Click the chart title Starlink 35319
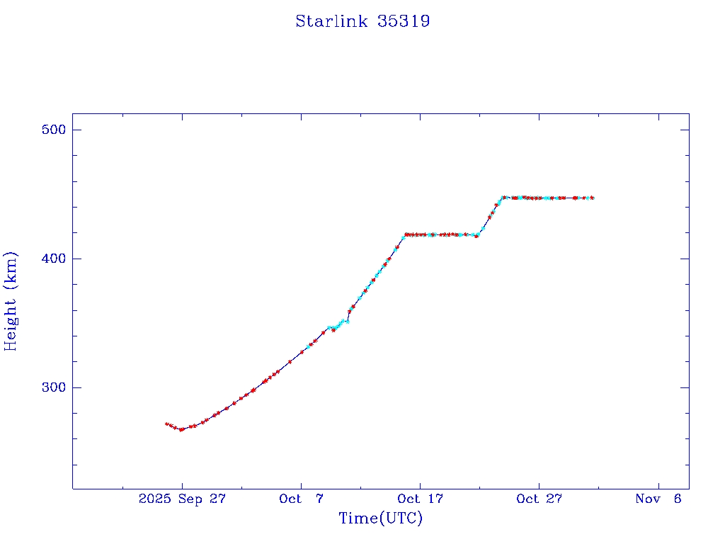pos(362,21)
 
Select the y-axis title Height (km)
pos(11,301)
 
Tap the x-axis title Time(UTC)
pos(381,518)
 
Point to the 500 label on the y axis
pos(54,130)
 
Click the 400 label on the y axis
pos(54,259)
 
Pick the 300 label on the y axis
pos(54,387)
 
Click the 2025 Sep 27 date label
pos(182,499)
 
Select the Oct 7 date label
pos(301,499)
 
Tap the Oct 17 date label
pos(420,499)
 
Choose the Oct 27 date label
pos(539,499)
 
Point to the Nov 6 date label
pos(658,499)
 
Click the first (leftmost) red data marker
pos(166,424)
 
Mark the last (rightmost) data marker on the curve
pos(592,198)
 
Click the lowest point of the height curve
pos(181,429)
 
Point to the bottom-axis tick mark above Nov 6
pos(658,484)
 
